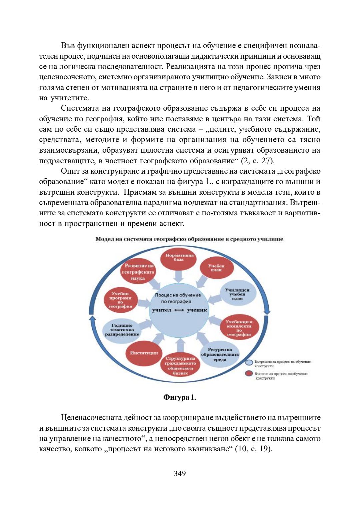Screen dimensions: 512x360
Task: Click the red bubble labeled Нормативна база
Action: pyautogui.click(x=179, y=259)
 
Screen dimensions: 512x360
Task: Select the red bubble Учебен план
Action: pyautogui.click(x=216, y=268)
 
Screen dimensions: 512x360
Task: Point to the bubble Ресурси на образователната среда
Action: pyautogui.click(x=219, y=354)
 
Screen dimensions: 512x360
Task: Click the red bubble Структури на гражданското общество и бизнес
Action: pyautogui.click(x=180, y=366)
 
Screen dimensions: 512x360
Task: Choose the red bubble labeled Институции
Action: pyautogui.click(x=144, y=353)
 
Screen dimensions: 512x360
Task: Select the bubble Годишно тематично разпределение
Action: pyautogui.click(x=122, y=330)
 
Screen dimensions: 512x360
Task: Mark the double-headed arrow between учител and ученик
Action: pyautogui.click(x=179, y=310)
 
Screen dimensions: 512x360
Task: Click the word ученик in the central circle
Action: pyautogui.click(x=197, y=310)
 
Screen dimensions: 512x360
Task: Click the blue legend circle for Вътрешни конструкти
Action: pyautogui.click(x=249, y=363)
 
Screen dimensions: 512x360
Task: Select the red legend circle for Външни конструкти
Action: pyautogui.click(x=249, y=373)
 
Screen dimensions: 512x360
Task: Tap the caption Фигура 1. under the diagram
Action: pyautogui.click(x=180, y=397)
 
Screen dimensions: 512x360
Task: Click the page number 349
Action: pyautogui.click(x=180, y=473)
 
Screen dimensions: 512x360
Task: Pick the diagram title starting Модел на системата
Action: pyautogui.click(x=189, y=239)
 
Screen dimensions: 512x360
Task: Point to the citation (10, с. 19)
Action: pyautogui.click(x=254, y=449)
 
